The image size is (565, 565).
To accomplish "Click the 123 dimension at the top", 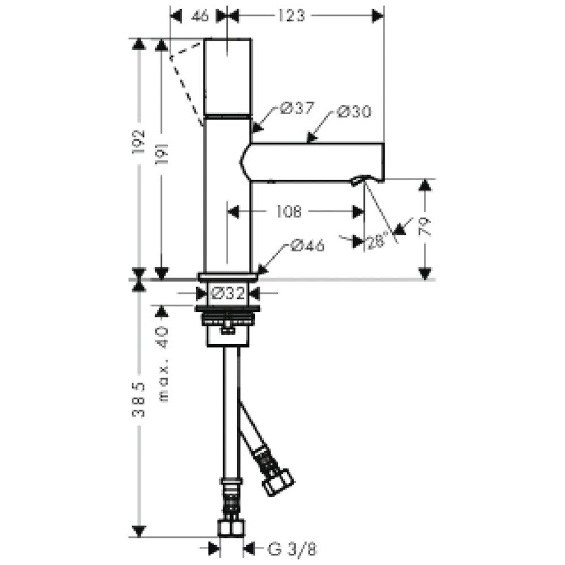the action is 291,15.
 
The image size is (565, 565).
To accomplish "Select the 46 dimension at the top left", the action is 201,15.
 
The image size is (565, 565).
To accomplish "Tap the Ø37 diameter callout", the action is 297,108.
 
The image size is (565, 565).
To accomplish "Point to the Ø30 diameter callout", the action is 354,111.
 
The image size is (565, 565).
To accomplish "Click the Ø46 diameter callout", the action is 307,245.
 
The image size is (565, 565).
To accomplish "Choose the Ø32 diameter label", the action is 228,293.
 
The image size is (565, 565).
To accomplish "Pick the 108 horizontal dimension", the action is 289,211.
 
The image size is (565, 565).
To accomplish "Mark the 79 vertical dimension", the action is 425,227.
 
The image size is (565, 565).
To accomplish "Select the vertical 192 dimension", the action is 138,142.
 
